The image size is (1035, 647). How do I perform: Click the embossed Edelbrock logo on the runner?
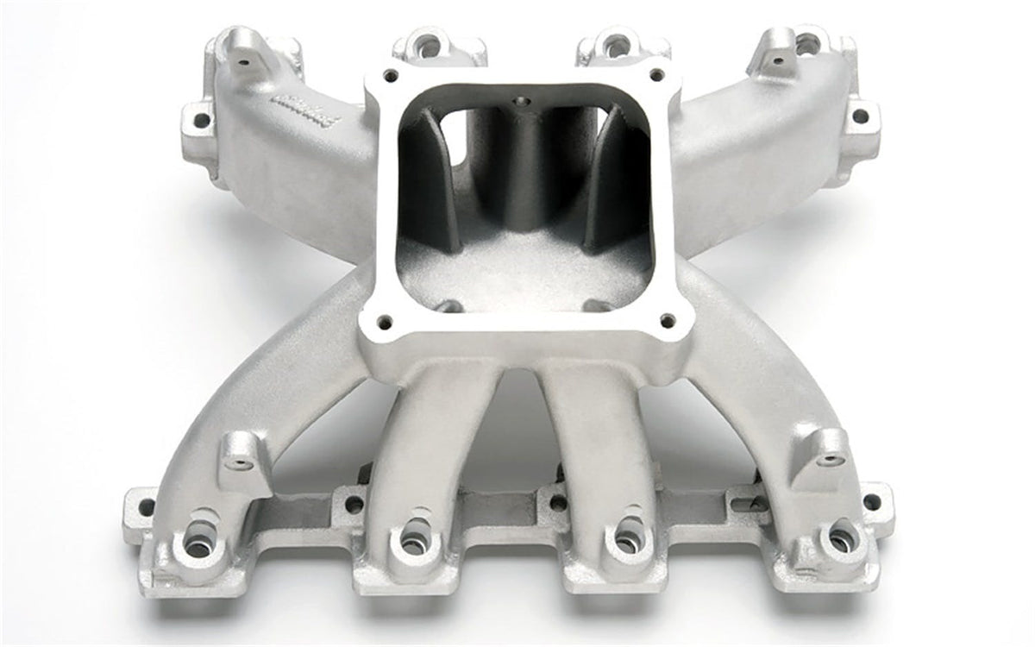click(308, 110)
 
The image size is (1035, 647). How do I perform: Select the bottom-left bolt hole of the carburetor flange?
click(385, 322)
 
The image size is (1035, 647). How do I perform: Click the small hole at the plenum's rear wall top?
click(520, 102)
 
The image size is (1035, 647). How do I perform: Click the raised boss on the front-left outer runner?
click(238, 455)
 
